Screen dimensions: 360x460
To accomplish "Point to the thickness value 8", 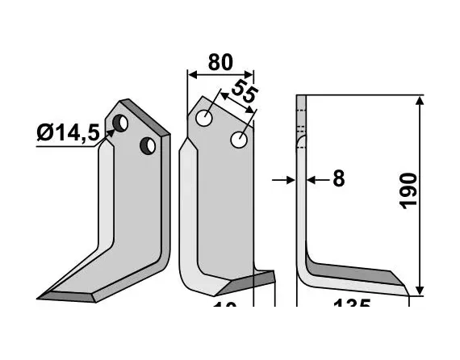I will [338, 178].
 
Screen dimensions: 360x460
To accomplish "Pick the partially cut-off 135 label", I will [352, 307].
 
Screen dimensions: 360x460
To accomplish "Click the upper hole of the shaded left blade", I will [122, 123].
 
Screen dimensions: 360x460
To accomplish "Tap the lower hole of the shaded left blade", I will [148, 145].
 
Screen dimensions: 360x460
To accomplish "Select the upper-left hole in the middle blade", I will [206, 119].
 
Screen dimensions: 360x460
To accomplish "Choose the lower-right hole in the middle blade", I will [239, 140].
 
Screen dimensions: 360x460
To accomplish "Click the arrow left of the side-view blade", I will [285, 179].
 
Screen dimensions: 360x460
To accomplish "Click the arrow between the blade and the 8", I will [314, 179].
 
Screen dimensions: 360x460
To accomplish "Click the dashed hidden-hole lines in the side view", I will [301, 130].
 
